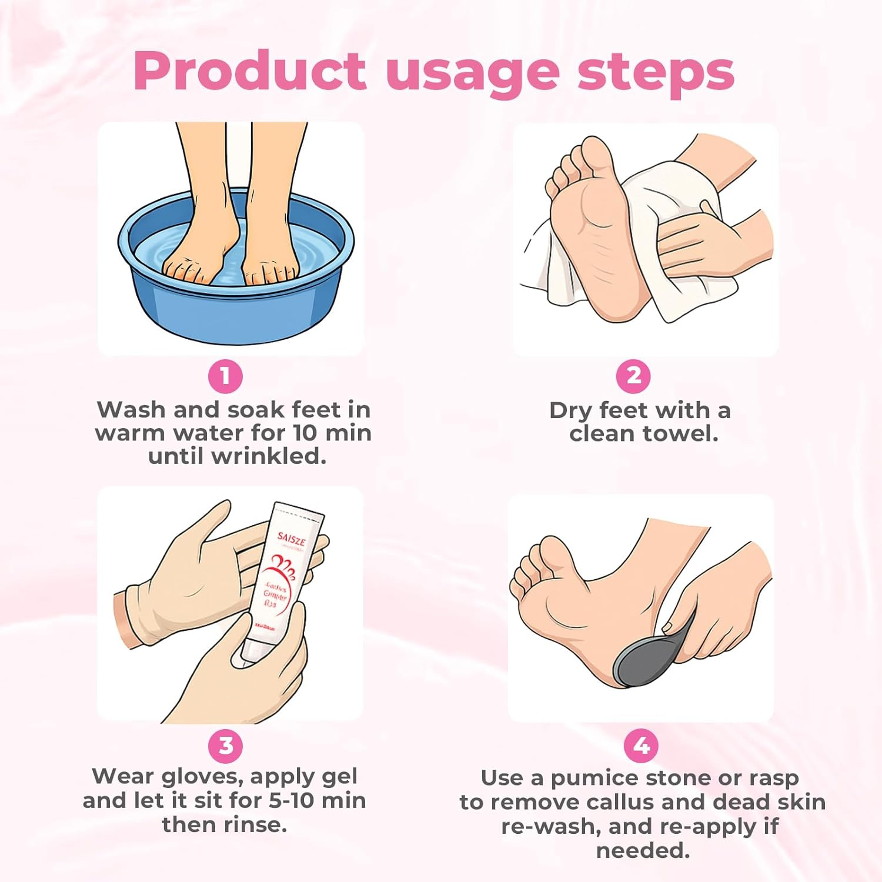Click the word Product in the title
point(250,72)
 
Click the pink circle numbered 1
point(225,376)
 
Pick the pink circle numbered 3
point(226,746)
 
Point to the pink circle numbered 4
point(641,746)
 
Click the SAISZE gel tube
point(282,576)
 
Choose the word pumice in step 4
point(594,779)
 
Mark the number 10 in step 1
point(306,433)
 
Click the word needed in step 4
point(643,850)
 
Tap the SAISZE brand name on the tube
point(291,538)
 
